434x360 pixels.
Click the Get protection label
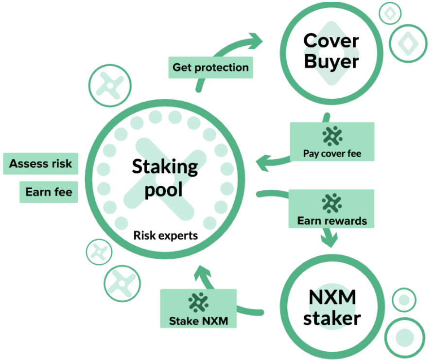210,67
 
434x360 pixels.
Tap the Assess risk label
41,163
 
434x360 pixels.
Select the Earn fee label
49,192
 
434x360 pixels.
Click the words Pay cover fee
332,154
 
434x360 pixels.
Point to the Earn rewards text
332,221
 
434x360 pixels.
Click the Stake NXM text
197,321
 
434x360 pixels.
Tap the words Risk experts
166,235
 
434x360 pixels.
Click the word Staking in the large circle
165,166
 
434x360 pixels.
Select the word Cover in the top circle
331,41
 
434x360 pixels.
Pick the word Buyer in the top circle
331,62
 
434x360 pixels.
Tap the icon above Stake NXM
197,303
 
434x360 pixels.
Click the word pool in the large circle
163,189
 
